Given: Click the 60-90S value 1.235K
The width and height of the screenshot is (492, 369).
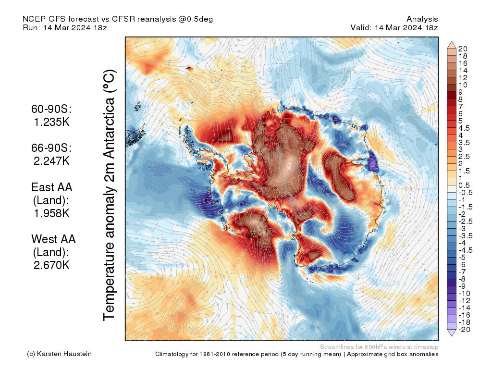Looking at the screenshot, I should (x=51, y=123).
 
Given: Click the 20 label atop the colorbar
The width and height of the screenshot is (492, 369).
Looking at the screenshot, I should (x=463, y=49).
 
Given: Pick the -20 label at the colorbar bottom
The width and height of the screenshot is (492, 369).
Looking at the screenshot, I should (x=464, y=329).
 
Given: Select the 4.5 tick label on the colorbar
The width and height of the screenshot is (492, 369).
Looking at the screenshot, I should (x=464, y=128).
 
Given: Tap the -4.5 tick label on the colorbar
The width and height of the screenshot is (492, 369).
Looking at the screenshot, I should (x=465, y=250).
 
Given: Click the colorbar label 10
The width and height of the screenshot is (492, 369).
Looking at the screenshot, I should (x=463, y=85).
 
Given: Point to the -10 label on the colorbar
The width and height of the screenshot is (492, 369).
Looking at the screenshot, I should (x=464, y=293).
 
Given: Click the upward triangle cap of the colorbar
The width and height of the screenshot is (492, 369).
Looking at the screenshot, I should (x=452, y=45).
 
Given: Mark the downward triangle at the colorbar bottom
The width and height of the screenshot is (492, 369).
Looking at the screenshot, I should (x=452, y=333).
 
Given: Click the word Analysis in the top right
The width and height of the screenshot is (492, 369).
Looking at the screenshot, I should (x=422, y=19).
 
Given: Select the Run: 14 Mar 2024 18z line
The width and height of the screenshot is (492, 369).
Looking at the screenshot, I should (x=64, y=27).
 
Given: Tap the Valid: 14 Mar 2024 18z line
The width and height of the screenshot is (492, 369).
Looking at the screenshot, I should (x=394, y=27).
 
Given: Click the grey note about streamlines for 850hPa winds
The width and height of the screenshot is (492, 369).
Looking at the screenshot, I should (x=379, y=346).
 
